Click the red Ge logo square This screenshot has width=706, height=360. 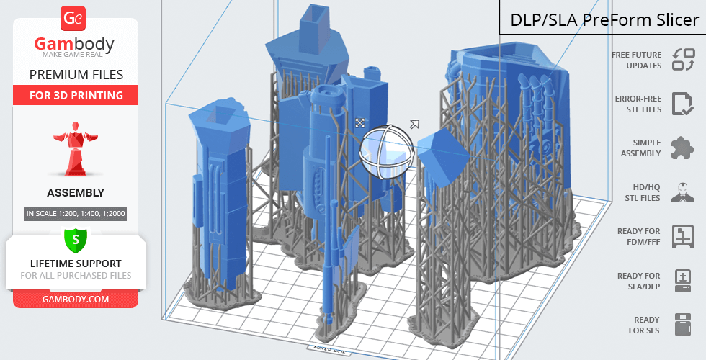coord(73,18)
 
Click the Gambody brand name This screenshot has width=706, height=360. coord(74,44)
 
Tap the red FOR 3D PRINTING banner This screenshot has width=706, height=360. coord(76,95)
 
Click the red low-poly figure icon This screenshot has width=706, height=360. coord(76,148)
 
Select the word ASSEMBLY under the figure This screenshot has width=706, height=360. coord(76,193)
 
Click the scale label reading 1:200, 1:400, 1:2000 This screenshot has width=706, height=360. coord(76,213)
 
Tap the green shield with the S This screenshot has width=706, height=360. coord(76,240)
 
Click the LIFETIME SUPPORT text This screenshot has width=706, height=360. coord(76,264)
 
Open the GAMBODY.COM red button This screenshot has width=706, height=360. coord(76,300)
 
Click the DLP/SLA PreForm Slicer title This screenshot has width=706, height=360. coord(604,20)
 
